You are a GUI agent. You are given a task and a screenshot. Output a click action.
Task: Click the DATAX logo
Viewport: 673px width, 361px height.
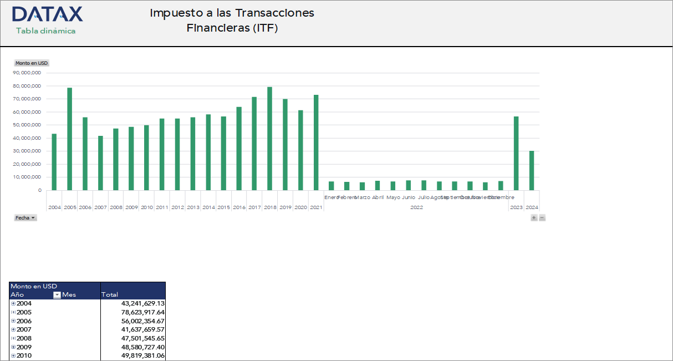(47, 14)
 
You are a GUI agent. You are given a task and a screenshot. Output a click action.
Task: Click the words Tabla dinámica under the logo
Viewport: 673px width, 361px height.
(45, 31)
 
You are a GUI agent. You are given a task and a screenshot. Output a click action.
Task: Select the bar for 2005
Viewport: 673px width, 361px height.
(70, 139)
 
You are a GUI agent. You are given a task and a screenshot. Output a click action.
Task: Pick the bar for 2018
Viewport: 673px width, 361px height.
(269, 139)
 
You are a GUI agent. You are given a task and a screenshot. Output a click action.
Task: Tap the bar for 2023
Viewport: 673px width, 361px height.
(516, 153)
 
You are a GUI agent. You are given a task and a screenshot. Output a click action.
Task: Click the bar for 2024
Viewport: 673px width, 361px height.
(532, 170)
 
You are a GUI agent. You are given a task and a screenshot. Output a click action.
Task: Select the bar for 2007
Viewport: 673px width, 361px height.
(100, 163)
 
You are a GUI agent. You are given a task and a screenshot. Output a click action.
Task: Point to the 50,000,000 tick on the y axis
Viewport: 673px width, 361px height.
(27, 125)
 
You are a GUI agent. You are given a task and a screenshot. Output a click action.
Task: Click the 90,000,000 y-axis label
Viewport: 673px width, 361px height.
(27, 73)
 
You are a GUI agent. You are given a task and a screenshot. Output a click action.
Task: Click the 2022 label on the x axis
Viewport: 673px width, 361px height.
(416, 207)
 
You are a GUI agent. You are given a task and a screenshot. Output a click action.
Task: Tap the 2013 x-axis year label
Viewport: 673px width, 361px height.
(193, 207)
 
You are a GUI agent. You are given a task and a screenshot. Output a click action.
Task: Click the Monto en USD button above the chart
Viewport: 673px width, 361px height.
(32, 63)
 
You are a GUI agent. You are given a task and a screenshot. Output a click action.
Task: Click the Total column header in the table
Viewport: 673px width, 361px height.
(110, 295)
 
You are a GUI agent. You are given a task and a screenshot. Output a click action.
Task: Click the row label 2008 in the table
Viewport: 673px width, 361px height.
(24, 338)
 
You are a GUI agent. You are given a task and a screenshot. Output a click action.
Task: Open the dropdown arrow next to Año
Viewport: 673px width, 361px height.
(57, 295)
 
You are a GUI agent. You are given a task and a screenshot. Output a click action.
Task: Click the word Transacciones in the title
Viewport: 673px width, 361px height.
(275, 13)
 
